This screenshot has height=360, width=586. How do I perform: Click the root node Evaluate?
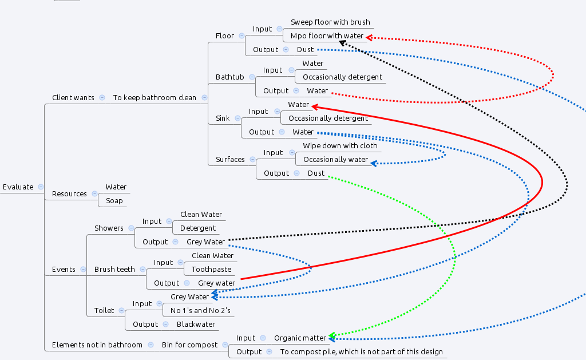[x=18, y=187]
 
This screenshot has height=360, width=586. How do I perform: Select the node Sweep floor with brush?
[x=330, y=22]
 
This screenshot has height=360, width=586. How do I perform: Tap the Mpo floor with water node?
[x=327, y=36]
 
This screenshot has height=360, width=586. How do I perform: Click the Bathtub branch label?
[x=229, y=77]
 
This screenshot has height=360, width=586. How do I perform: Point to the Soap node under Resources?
[x=114, y=201]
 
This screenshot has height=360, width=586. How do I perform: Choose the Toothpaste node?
[x=211, y=270]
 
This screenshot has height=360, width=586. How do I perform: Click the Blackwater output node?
[x=196, y=325]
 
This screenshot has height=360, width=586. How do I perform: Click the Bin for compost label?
[x=189, y=345]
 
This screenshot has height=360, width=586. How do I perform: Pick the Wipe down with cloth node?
[x=340, y=146]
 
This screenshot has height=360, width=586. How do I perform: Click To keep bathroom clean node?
[x=155, y=98]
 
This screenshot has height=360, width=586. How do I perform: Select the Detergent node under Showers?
[x=198, y=228]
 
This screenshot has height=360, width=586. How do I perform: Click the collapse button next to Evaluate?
[x=41, y=187]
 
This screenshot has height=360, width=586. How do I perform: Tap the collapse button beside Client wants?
[x=102, y=98]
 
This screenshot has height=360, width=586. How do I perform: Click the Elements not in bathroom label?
[x=97, y=345]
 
